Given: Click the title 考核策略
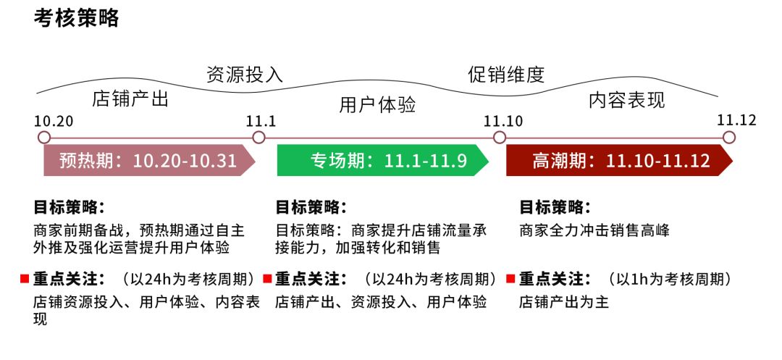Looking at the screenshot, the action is [x=76, y=19].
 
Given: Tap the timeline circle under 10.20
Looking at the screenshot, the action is [x=44, y=138].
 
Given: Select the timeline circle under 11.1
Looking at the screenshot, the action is [x=258, y=138].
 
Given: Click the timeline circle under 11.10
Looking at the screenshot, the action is [x=499, y=138].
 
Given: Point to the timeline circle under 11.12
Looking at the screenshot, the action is [x=729, y=138].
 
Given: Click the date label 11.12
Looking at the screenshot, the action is [x=736, y=120].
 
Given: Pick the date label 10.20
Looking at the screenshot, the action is [x=54, y=120].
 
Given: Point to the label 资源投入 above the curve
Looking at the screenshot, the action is [x=245, y=75].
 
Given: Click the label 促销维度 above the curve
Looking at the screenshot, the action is [x=505, y=75].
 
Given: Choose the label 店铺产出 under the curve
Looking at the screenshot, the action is [x=130, y=99].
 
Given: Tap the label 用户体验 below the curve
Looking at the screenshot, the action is [x=377, y=105].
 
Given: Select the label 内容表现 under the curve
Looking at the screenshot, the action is [x=626, y=100].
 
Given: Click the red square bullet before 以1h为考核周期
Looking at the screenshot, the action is [x=510, y=279].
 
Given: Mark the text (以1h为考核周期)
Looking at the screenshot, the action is [x=668, y=279].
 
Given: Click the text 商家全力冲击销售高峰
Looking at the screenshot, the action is [x=594, y=231].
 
